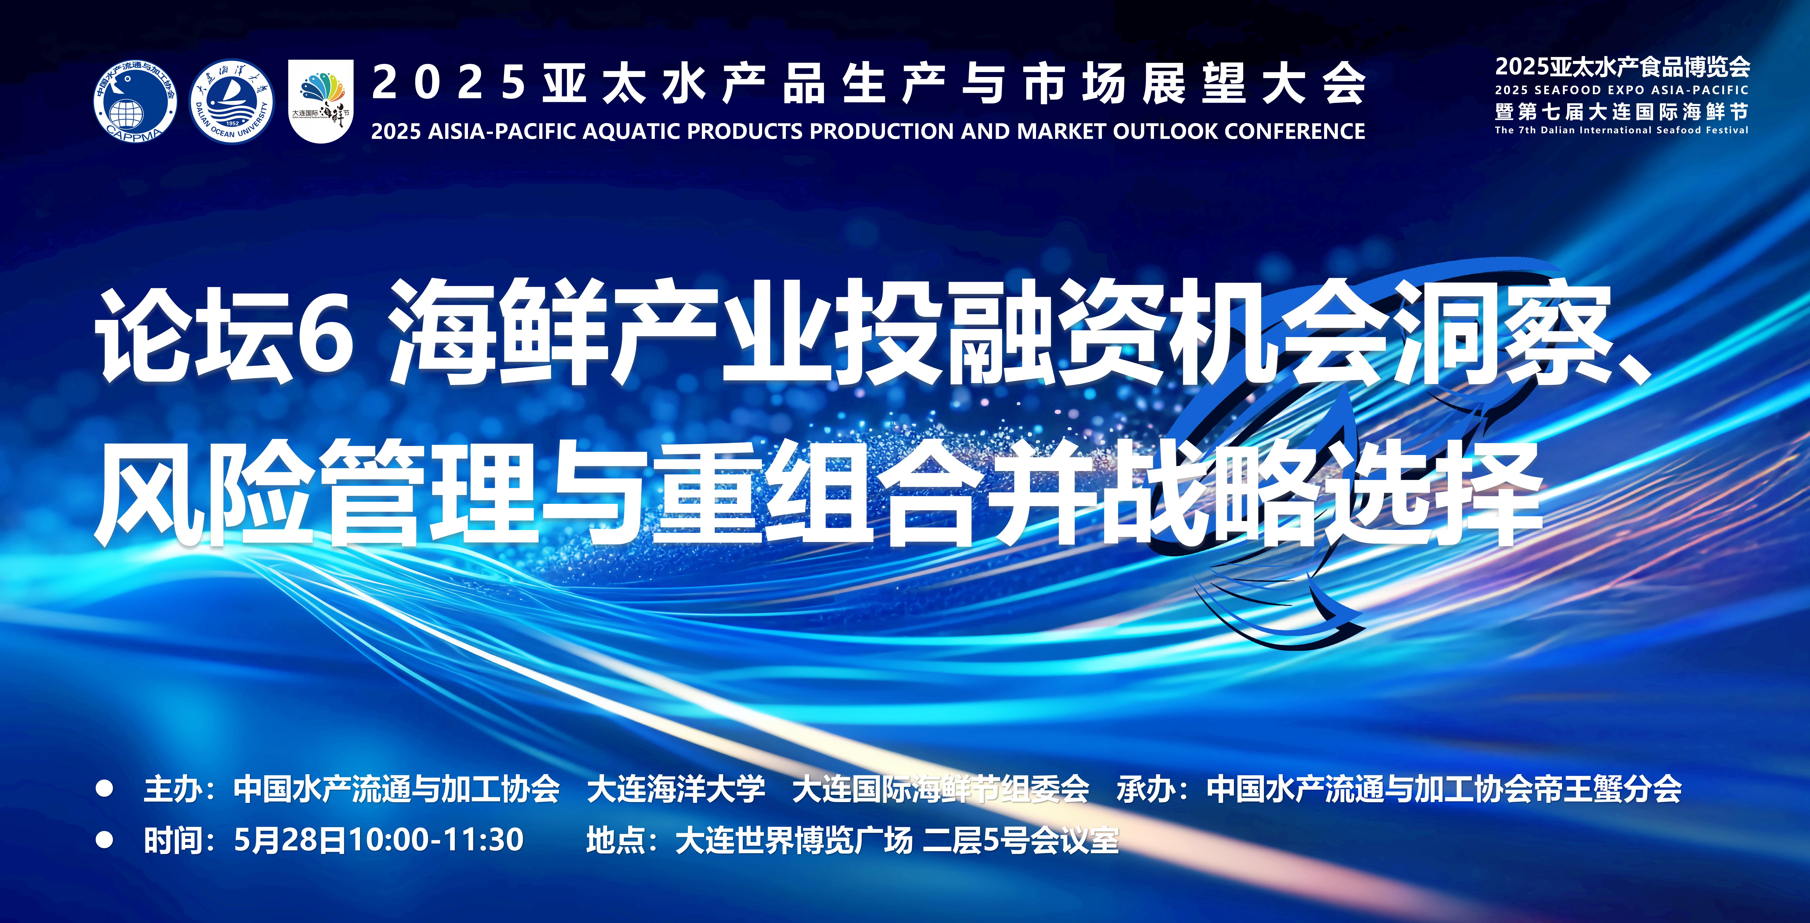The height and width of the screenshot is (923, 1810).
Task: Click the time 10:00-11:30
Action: pos(436,840)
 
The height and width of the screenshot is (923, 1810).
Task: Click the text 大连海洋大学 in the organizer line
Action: pos(676,789)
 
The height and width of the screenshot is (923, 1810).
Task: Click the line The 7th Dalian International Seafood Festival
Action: pos(1622,130)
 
